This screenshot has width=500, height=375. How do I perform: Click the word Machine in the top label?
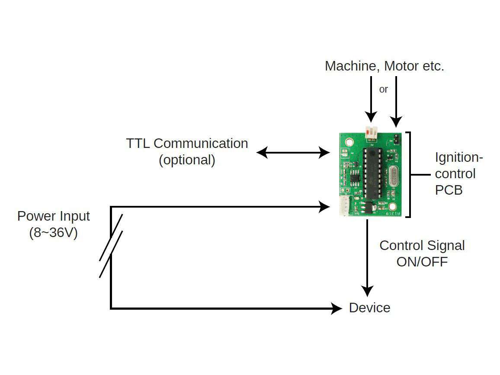[350, 66]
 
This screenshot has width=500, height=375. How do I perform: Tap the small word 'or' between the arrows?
[384, 90]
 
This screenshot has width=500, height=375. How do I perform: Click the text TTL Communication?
[187, 144]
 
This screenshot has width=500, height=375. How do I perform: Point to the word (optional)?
[187, 160]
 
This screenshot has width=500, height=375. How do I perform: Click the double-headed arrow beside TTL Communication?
[293, 152]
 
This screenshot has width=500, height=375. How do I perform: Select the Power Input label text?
[54, 216]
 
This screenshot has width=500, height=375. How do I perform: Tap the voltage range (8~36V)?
[54, 232]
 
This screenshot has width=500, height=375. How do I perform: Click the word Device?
[369, 308]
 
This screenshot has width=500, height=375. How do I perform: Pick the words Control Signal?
[422, 246]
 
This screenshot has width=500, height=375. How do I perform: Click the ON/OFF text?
[422, 262]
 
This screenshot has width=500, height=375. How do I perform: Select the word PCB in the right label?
[449, 190]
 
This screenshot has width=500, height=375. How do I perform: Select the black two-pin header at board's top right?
[396, 139]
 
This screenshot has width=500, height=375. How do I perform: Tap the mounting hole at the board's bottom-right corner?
[393, 206]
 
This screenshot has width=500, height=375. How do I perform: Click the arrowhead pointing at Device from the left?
[337, 308]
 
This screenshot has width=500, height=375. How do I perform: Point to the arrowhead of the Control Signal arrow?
[367, 291]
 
